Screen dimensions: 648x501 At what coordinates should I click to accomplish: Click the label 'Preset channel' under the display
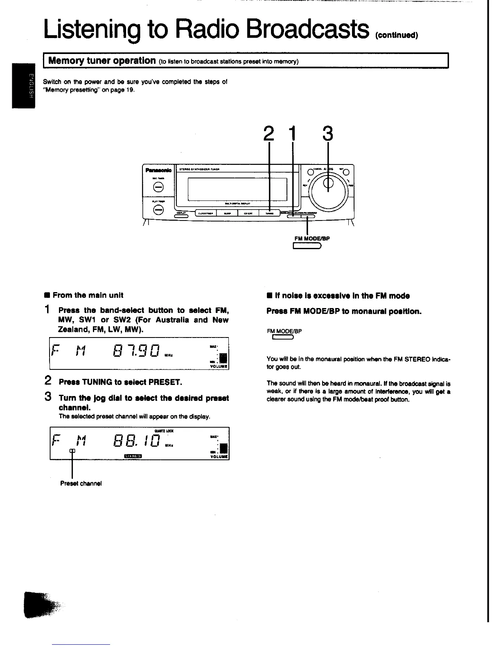pos(81,483)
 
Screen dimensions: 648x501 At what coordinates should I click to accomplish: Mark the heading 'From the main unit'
pos(88,295)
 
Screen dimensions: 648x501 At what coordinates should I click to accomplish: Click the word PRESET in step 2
pos(165,382)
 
